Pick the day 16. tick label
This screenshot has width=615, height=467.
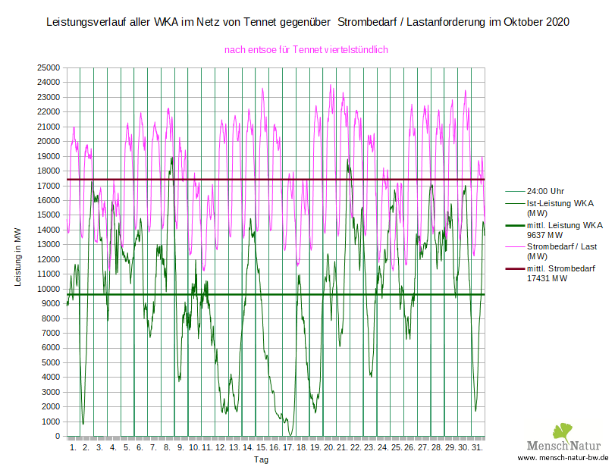point(275,448)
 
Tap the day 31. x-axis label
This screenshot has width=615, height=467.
point(477,448)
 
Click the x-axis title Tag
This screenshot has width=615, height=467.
point(261,459)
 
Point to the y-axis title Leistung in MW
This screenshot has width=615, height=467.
point(17,255)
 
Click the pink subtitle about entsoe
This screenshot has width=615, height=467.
point(306,49)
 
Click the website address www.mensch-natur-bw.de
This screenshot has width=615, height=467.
point(563,459)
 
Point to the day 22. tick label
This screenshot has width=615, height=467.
point(355,448)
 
